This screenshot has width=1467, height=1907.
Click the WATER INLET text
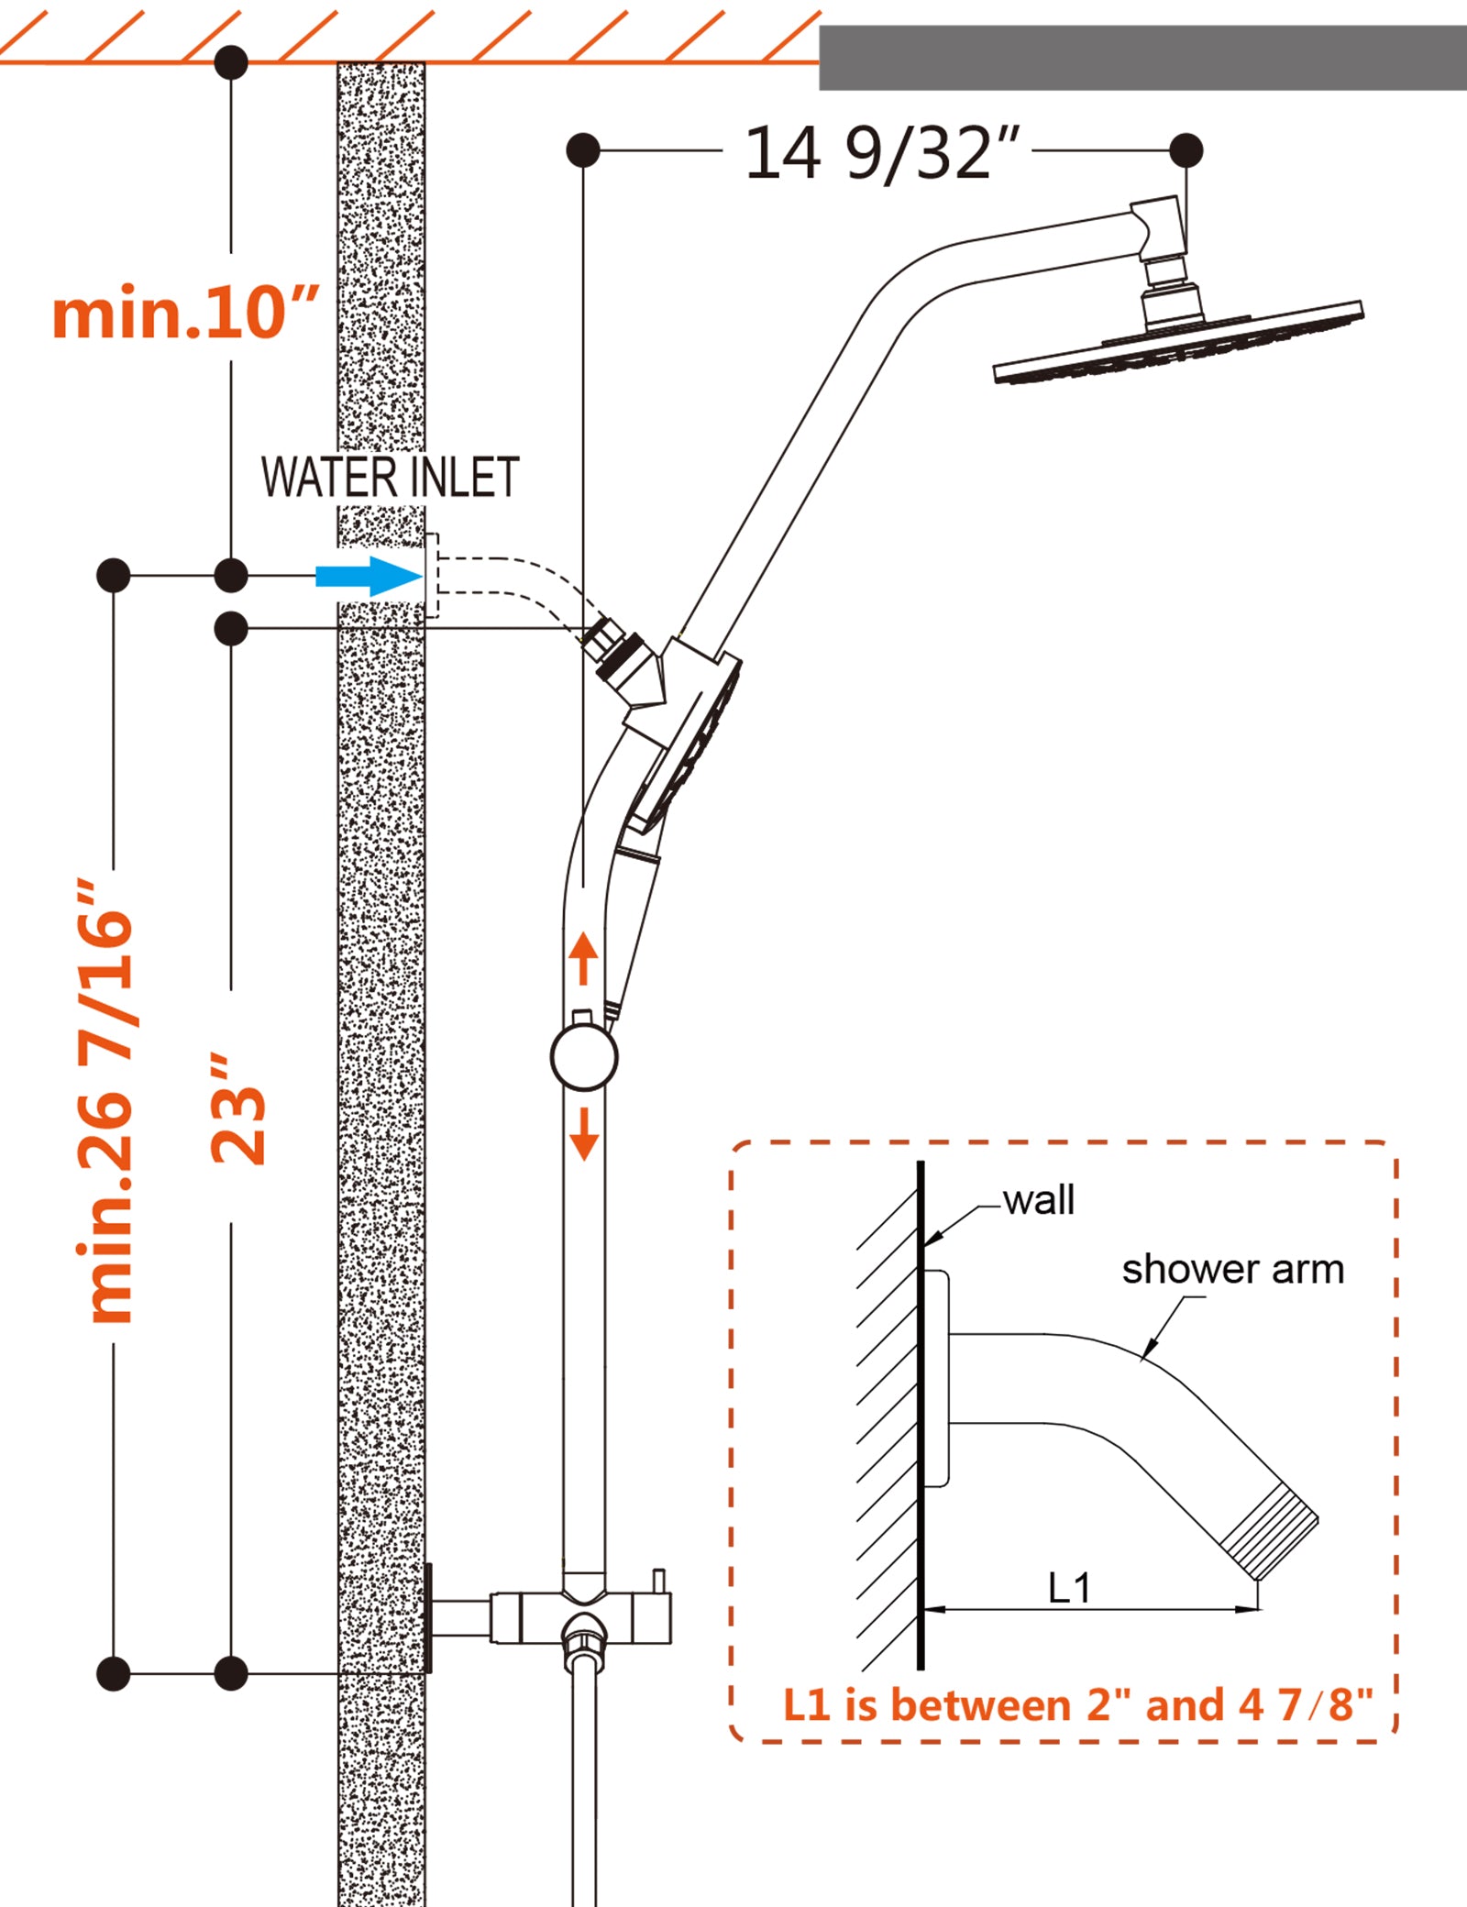(391, 478)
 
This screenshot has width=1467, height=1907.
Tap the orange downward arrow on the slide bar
(583, 1134)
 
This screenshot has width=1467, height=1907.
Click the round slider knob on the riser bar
(584, 1057)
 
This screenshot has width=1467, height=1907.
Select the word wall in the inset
(1038, 1200)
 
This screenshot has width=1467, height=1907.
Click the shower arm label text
(1232, 1270)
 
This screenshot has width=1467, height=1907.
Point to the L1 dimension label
(1069, 1589)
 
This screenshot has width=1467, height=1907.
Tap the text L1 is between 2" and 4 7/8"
(1077, 1705)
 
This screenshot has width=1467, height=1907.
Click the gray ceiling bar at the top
(1142, 58)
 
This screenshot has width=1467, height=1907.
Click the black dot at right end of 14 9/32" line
(1186, 149)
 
